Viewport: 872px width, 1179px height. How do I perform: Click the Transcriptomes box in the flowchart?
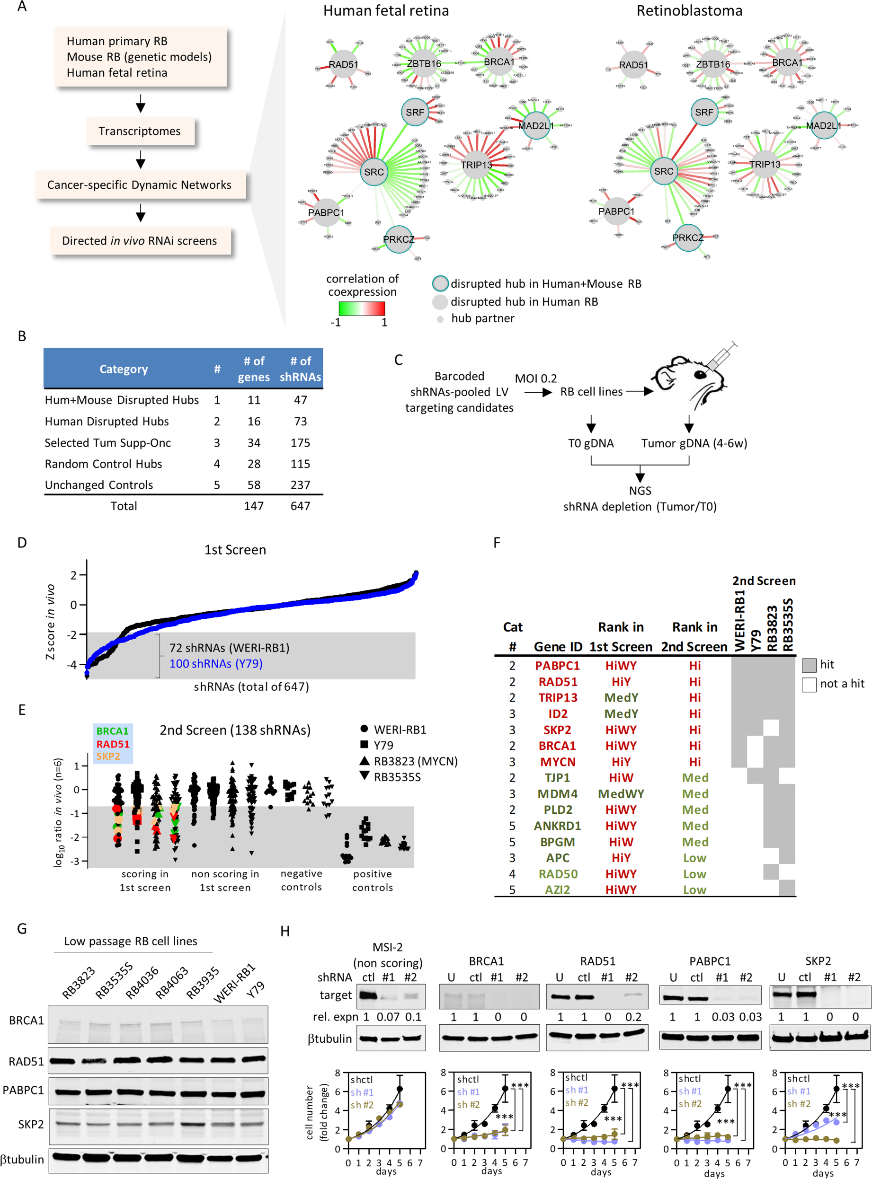coord(140,131)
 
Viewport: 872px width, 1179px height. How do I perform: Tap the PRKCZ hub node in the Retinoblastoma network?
coord(688,238)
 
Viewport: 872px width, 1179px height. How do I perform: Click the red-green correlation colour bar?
coord(362,308)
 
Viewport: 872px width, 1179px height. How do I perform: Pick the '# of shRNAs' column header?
coord(300,369)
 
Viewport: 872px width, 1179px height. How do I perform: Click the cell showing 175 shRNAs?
coord(300,442)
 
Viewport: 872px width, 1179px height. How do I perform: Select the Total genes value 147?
coord(253,506)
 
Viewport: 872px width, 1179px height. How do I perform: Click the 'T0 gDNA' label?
coord(591,443)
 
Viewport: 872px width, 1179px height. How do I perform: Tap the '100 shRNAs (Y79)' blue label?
coord(216,664)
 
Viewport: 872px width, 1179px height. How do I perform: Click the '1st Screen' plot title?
coord(235,550)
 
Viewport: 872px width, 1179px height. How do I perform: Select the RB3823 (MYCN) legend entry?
coord(409,761)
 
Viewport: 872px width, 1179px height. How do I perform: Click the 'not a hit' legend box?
coord(809,684)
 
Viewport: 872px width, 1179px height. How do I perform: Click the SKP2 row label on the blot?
coord(31,1124)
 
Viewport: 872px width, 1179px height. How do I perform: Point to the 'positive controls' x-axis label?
coord(372,880)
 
